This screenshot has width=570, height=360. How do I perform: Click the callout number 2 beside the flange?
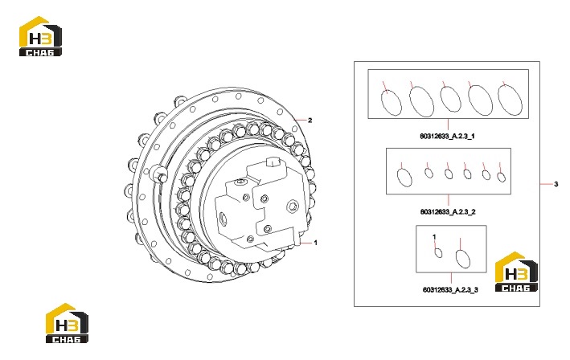pyautogui.click(x=310, y=121)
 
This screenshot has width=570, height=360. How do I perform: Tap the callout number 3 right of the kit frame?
pyautogui.click(x=556, y=184)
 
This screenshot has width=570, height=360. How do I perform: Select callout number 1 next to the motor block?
pyautogui.click(x=315, y=243)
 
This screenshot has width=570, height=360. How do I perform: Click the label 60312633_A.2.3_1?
pyautogui.click(x=447, y=137)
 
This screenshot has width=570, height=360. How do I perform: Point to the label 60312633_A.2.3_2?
pyautogui.click(x=448, y=212)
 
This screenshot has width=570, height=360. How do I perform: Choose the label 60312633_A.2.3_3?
pyautogui.click(x=450, y=290)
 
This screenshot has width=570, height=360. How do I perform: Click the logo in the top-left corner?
pyautogui.click(x=40, y=36)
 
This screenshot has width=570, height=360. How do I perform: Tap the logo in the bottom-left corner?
pyautogui.click(x=67, y=323)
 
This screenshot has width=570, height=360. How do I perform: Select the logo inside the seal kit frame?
pyautogui.click(x=516, y=272)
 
